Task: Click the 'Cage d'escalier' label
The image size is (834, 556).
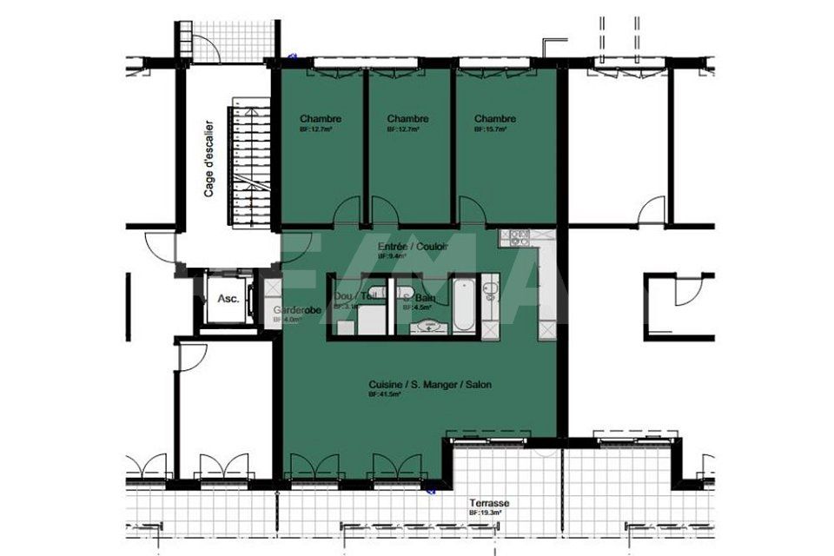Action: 209,157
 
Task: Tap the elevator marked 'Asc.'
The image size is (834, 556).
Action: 228,298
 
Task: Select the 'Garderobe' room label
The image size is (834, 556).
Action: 298,310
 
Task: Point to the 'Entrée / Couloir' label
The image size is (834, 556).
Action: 413,248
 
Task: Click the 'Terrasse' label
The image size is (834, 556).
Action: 489,504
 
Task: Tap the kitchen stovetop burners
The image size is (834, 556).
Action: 520,235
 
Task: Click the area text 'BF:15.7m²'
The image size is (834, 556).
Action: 490,129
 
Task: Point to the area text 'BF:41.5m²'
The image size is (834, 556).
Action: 383,394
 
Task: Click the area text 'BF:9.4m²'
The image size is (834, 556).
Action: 390,257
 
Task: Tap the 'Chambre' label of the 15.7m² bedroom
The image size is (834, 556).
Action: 494,119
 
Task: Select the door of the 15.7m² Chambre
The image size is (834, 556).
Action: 473,210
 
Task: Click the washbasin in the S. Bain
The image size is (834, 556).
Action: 429,327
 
